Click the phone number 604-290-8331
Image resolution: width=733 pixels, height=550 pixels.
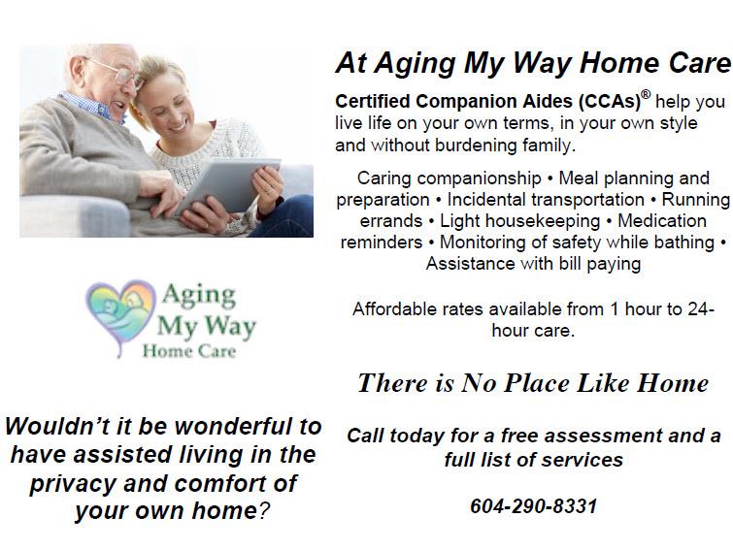[533, 506]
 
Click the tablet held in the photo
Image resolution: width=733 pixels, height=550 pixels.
[228, 187]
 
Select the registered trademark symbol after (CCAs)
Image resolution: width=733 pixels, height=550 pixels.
[645, 95]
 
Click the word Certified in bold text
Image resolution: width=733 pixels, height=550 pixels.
[373, 101]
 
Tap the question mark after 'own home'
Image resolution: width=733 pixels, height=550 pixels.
[264, 511]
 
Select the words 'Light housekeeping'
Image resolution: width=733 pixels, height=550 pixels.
[519, 221]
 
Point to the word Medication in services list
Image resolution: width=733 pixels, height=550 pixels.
[662, 221]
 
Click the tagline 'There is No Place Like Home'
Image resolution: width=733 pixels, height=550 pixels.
[533, 383]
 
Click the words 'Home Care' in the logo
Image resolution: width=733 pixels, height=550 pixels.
[189, 351]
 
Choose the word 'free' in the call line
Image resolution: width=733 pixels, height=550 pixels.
[519, 436]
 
